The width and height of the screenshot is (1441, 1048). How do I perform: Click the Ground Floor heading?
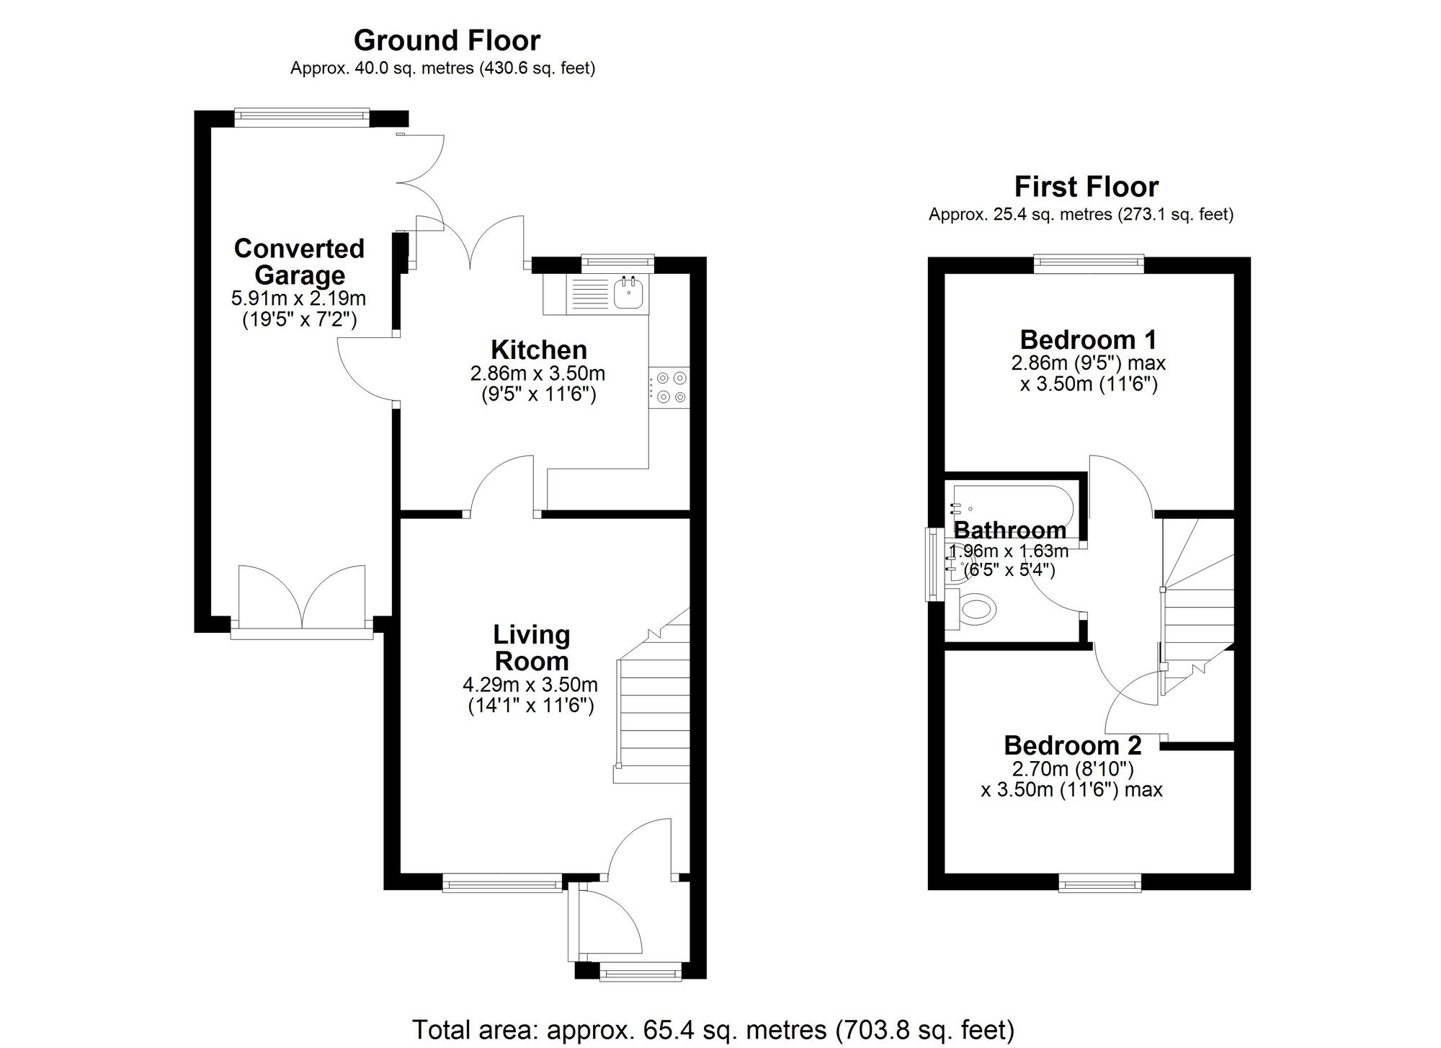447,40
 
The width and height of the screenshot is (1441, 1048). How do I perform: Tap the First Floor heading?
1086,187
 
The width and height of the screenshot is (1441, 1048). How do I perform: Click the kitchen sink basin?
628,293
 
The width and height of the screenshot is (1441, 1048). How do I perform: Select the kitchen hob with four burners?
669,387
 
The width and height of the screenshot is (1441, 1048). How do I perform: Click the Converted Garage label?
299,262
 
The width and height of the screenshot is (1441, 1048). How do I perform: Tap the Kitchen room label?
538,350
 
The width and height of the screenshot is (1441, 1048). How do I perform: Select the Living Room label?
531,647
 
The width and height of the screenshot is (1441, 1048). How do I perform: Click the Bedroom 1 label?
1088,339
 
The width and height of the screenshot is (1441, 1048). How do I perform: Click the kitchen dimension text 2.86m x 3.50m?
537,374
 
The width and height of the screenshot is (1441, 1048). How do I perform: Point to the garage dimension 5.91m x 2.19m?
298,298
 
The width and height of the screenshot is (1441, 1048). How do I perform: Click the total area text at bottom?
713,1029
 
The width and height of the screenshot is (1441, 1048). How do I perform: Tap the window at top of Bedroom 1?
1088,264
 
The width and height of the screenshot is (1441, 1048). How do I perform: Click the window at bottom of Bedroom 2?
1099,882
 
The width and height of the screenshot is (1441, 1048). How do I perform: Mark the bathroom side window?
932,564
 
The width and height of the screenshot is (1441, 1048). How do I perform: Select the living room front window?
501,882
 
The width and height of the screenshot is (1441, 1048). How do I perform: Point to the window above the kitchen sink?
617,264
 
